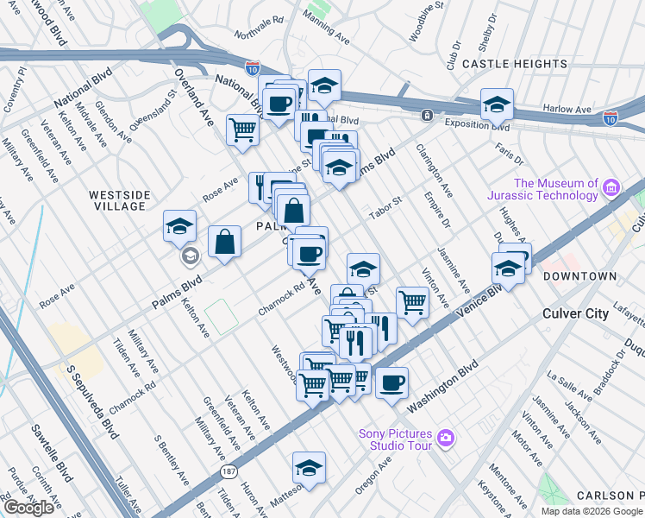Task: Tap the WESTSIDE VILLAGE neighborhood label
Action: (117, 200)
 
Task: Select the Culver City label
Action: (575, 313)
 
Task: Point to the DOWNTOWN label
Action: (579, 276)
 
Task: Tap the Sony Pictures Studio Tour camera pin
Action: (445, 438)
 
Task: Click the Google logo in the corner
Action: (28, 508)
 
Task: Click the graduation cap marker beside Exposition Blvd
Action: (498, 104)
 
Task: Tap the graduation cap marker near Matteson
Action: (309, 467)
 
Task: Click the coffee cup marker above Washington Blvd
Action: (391, 382)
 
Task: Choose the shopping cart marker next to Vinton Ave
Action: (413, 303)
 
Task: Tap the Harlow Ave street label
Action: (567, 110)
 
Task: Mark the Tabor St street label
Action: (385, 208)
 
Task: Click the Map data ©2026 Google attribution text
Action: (592, 511)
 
